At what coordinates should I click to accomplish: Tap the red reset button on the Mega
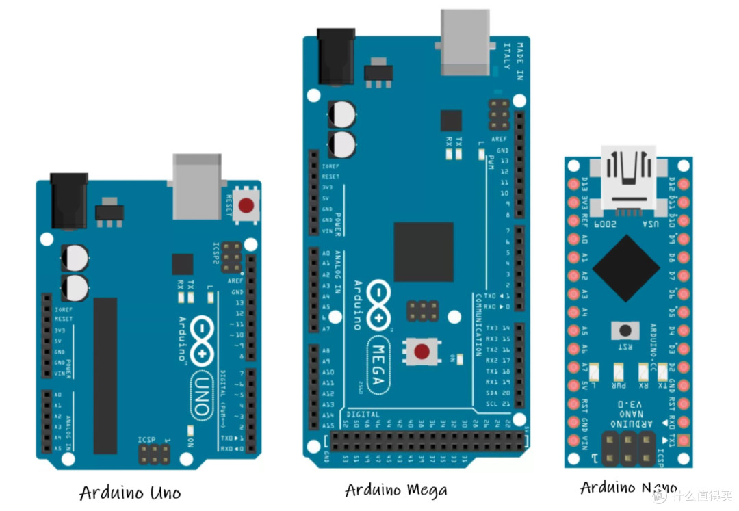pos(422,352)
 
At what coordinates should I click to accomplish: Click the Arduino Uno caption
pos(130,493)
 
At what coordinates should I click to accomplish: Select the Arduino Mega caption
pos(396,490)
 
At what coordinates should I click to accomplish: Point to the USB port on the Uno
pos(197,185)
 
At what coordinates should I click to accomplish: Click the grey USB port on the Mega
pos(465,41)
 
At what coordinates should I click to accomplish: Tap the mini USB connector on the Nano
pos(628,175)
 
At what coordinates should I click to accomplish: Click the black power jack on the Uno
pos(68,200)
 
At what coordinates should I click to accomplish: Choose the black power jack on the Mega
pos(336,55)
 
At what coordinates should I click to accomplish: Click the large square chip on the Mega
pos(424,251)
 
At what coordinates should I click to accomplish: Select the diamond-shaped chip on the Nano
pos(625,269)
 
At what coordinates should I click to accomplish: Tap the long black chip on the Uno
pos(105,375)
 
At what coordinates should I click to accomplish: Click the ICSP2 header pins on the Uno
pos(231,257)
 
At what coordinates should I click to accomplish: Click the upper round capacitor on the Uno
pos(75,258)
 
